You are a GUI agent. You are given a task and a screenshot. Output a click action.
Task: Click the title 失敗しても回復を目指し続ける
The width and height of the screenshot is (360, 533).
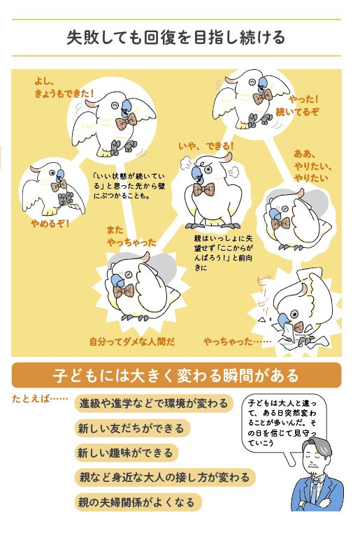point(175,38)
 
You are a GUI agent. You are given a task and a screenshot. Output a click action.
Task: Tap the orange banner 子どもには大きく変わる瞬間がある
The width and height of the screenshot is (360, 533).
point(176,375)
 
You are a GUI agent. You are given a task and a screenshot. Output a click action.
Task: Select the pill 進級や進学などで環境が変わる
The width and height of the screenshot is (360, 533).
point(154,404)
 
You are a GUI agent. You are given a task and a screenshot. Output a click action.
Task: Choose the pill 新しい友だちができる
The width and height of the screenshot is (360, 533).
point(131,428)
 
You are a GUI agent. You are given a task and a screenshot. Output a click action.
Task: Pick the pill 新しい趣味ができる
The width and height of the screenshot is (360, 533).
point(127,453)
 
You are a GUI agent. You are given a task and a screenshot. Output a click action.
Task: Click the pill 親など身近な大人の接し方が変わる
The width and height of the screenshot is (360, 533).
point(165,477)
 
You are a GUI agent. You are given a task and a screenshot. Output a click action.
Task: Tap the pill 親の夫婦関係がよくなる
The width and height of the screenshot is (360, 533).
point(138,502)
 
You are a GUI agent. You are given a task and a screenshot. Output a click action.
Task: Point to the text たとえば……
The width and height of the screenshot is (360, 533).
point(40,398)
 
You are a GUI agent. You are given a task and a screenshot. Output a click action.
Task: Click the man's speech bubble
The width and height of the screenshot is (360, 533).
point(283,423)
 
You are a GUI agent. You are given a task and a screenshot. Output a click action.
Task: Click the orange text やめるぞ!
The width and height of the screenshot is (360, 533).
point(50,224)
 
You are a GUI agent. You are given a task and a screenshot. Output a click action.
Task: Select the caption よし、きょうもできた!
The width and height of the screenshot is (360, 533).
point(64,88)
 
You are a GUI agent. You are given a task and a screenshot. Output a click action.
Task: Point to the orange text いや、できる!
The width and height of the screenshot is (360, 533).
point(206,146)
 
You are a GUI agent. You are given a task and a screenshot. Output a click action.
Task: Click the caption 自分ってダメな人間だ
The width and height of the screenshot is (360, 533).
point(132,342)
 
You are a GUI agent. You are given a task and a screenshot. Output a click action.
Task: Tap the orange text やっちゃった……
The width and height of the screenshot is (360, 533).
point(237,342)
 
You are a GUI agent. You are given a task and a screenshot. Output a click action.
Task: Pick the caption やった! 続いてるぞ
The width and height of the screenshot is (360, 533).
point(297,105)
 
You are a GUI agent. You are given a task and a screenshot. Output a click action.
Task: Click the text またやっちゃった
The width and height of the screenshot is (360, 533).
point(131,236)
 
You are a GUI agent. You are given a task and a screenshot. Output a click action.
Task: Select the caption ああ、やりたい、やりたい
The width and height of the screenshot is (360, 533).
point(312,166)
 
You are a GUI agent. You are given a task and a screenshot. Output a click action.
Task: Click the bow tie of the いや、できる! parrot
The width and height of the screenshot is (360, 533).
point(204,189)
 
